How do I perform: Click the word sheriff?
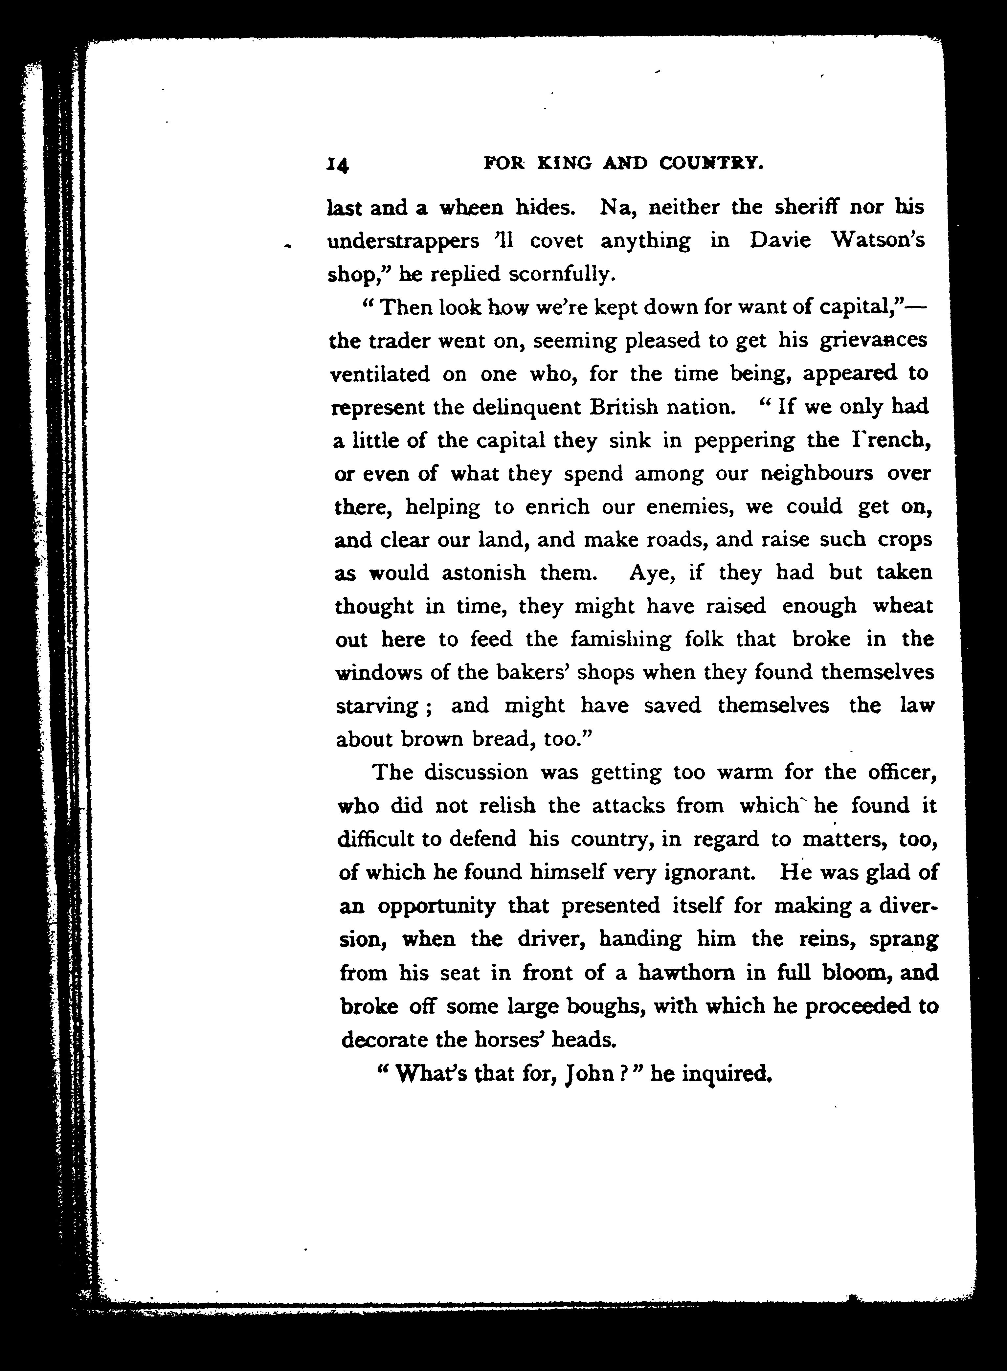click(x=799, y=208)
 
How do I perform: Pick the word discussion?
click(x=476, y=772)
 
